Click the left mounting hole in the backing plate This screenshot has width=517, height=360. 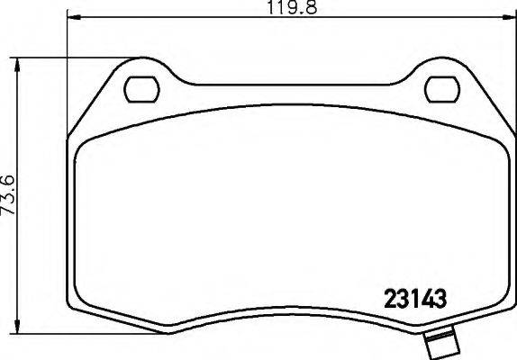[x=140, y=88]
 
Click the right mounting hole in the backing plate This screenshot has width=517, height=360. [x=440, y=88]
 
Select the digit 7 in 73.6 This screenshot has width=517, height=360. [x=8, y=220]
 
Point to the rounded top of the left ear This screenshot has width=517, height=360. [x=135, y=67]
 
